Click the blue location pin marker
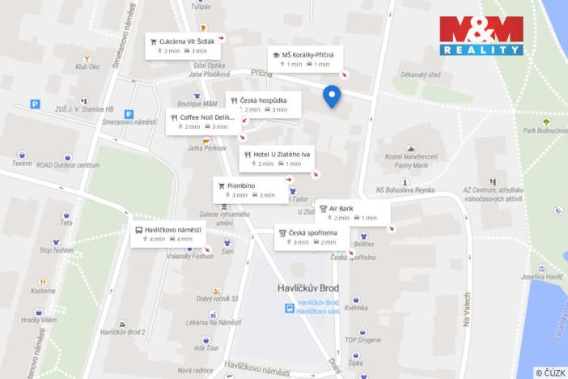click(332, 96)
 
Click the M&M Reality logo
click(481, 35)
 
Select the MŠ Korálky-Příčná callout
click(306, 58)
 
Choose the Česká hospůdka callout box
click(264, 104)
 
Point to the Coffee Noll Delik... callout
click(202, 121)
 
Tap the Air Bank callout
click(352, 212)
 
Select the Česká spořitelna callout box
click(312, 236)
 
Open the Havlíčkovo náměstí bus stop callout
click(168, 234)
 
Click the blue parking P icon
click(35, 104)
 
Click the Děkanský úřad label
click(420, 75)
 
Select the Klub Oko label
click(87, 66)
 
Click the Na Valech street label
click(466, 309)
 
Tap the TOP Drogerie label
click(362, 339)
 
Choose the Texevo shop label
click(22, 163)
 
